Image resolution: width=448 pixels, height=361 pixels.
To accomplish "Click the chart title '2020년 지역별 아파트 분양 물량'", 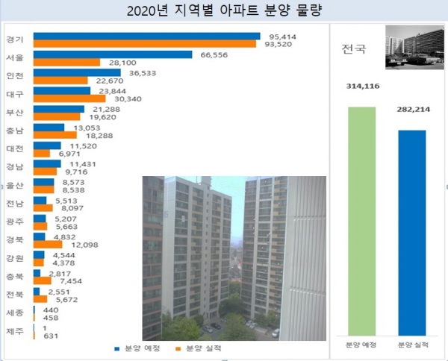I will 224,10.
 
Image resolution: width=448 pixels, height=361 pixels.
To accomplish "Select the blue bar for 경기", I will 146,36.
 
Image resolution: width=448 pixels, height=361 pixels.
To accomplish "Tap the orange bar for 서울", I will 66,63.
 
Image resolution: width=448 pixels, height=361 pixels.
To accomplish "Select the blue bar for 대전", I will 47,145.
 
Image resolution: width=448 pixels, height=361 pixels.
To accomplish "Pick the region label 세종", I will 14,313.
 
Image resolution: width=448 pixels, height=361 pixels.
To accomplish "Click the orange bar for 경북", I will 48,244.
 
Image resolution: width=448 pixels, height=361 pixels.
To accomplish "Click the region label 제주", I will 14,331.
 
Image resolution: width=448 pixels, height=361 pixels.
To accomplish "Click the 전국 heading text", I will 354,51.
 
